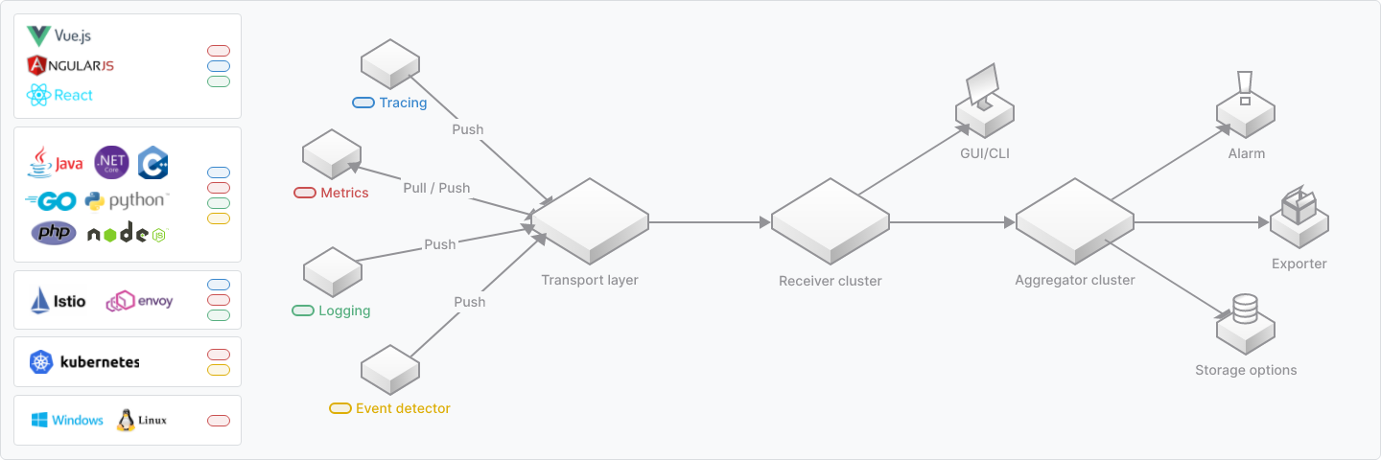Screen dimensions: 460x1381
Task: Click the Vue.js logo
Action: pyautogui.click(x=58, y=36)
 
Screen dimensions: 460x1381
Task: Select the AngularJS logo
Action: pyautogui.click(x=71, y=65)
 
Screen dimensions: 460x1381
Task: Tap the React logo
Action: pyautogui.click(x=60, y=95)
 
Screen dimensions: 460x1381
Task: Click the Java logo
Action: pyautogui.click(x=56, y=163)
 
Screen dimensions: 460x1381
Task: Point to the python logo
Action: pyautogui.click(x=126, y=200)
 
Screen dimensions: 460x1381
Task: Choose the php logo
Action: pyautogui.click(x=54, y=233)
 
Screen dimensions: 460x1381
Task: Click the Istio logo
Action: pyautogui.click(x=59, y=300)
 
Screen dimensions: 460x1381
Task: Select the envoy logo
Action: pyautogui.click(x=139, y=301)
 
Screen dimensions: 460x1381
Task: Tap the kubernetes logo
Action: pyautogui.click(x=84, y=361)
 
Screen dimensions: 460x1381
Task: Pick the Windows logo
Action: pyautogui.click(x=66, y=420)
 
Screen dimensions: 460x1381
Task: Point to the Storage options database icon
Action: pyautogui.click(x=1245, y=310)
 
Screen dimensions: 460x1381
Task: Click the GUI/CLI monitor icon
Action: pyautogui.click(x=982, y=91)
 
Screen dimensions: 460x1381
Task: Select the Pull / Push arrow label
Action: pyautogui.click(x=436, y=188)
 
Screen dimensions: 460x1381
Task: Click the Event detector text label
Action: pyautogui.click(x=403, y=408)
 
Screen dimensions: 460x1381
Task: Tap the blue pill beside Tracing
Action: pyautogui.click(x=363, y=103)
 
